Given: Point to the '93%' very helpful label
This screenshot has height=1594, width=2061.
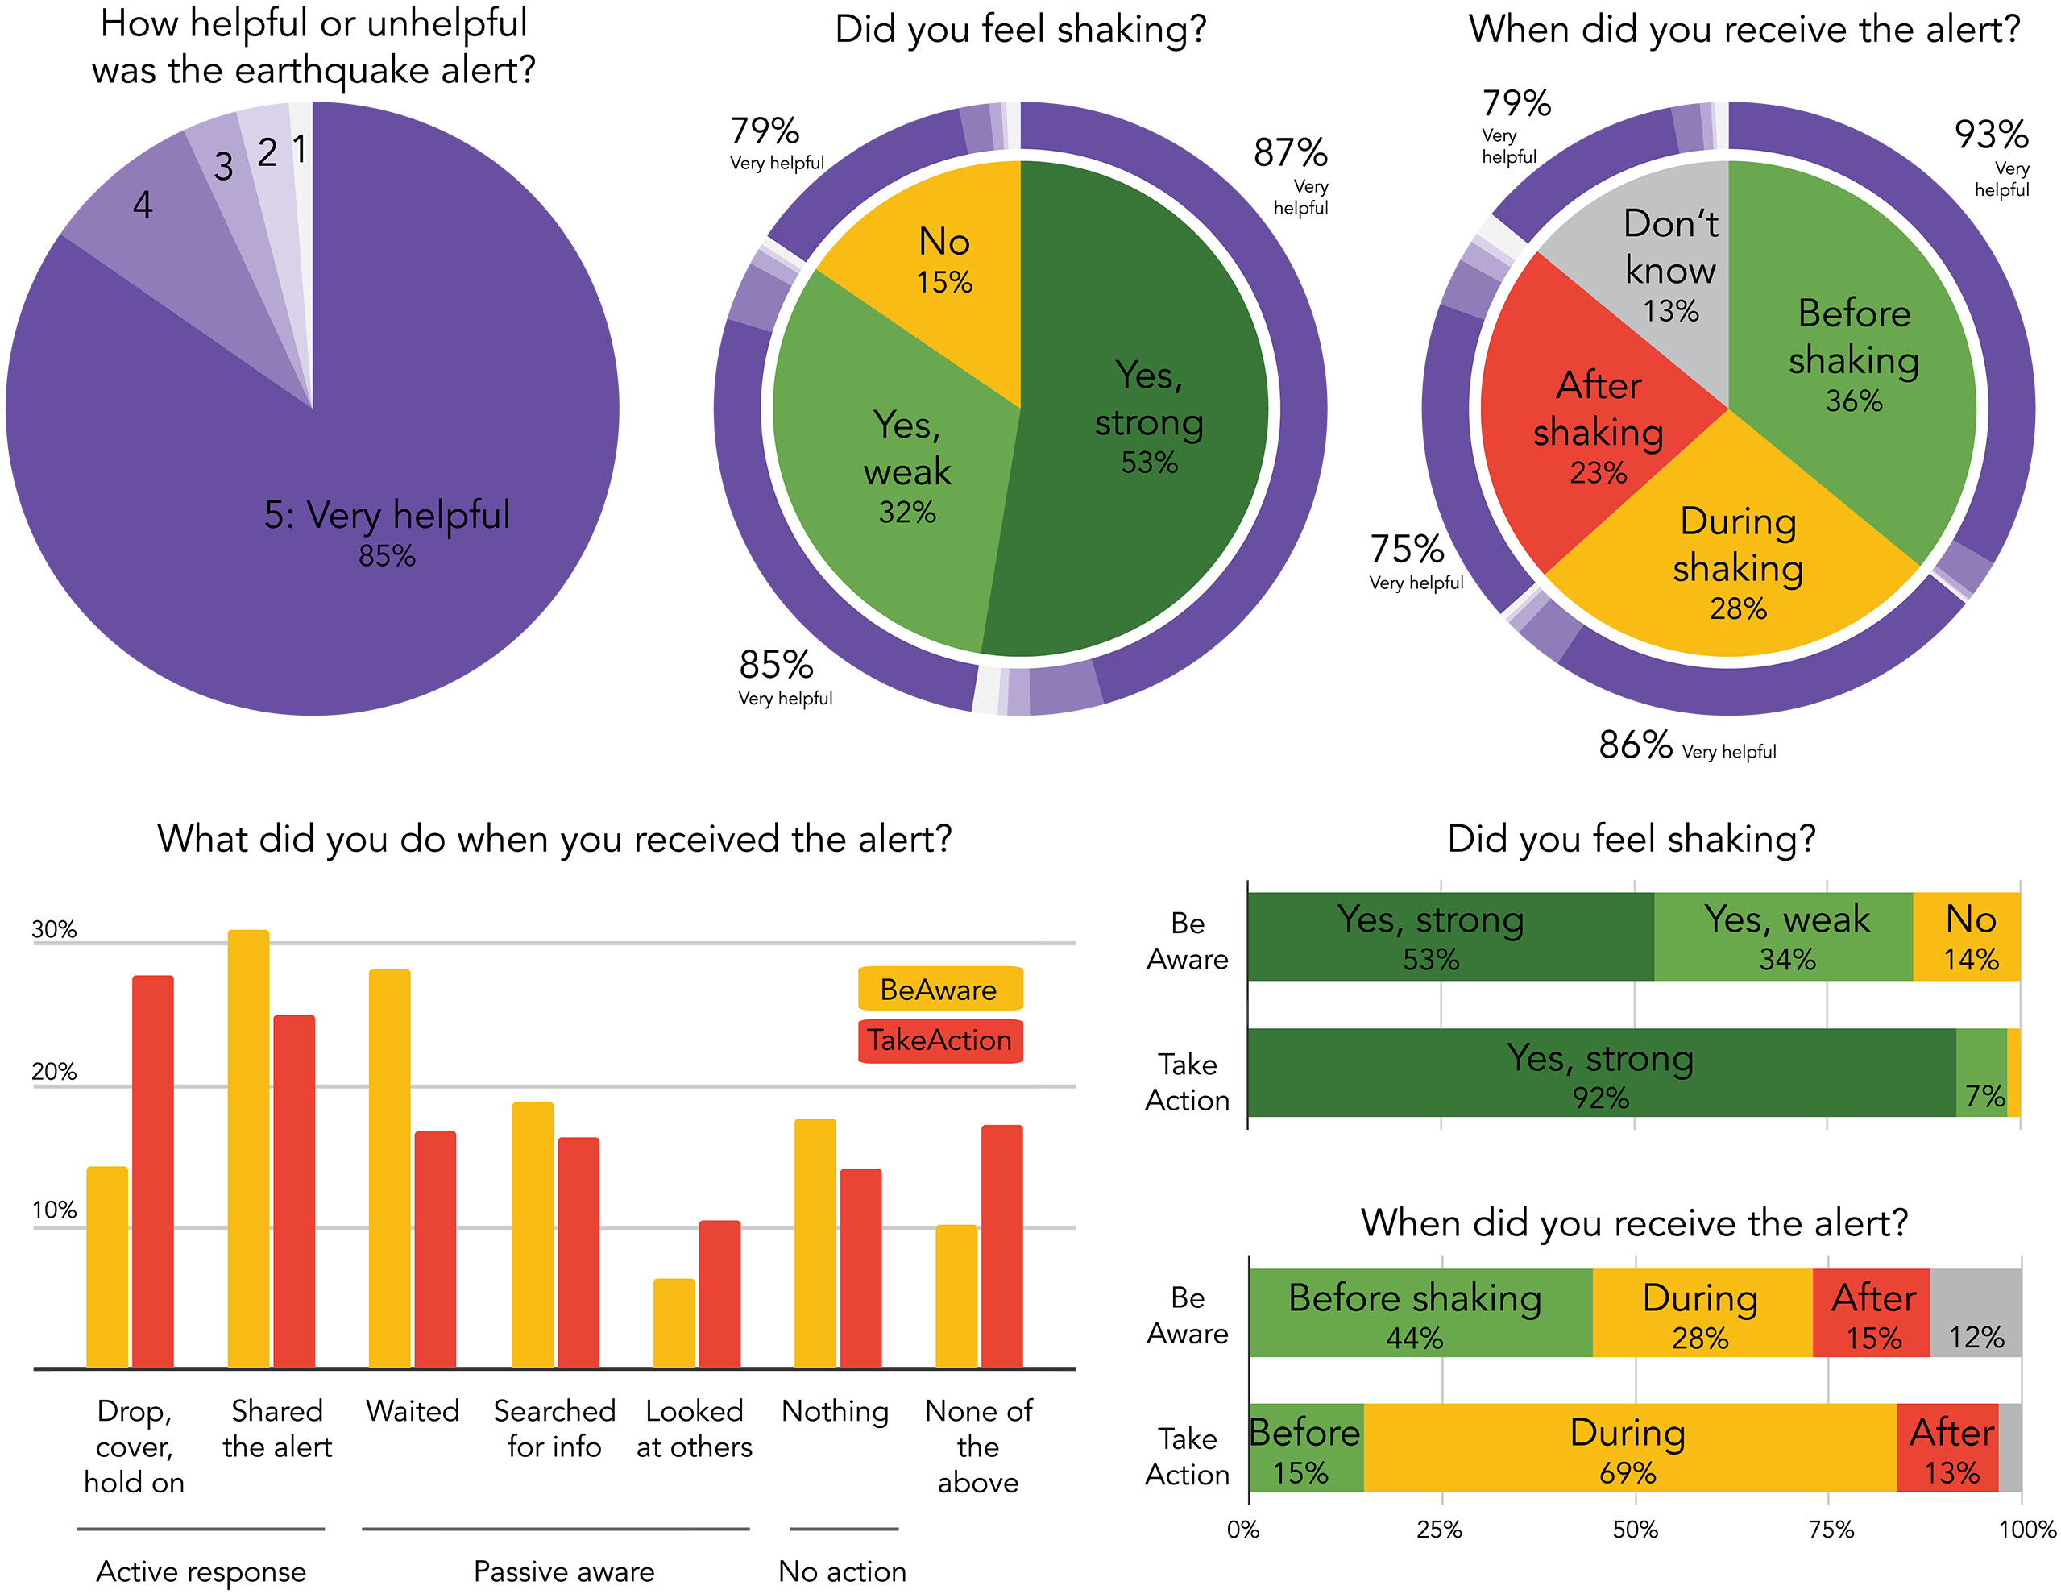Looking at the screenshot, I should [x=1991, y=135].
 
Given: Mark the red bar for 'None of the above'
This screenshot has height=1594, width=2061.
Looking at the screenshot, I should [x=1002, y=1246].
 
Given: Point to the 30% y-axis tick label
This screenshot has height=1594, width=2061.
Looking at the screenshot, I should [x=54, y=930].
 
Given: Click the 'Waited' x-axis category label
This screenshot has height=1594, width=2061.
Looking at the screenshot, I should [x=413, y=1411].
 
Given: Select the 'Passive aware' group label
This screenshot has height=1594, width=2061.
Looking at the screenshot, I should [x=563, y=1571].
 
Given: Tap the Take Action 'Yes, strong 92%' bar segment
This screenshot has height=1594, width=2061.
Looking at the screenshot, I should [x=1600, y=1074].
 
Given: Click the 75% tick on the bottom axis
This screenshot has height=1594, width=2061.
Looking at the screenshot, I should [x=1830, y=1530].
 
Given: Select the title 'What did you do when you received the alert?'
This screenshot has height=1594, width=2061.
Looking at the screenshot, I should [x=555, y=839].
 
